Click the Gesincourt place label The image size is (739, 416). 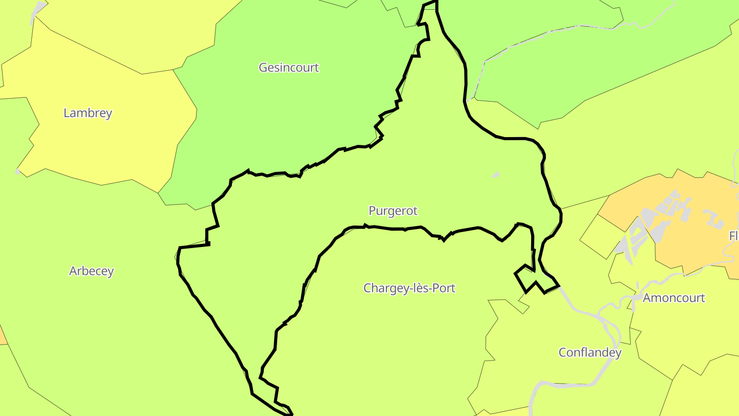tap(289, 67)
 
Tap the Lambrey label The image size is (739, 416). tap(88, 113)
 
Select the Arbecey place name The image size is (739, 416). tap(91, 271)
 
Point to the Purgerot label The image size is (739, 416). tap(393, 211)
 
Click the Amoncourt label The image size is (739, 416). tap(674, 298)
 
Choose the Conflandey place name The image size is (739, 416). tap(590, 353)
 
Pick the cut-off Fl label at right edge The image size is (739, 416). tap(733, 236)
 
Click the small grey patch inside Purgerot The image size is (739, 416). tap(496, 175)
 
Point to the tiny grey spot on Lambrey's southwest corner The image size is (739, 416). tap(17, 171)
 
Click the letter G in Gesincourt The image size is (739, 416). tap(263, 67)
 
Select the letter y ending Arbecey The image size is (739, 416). tap(110, 272)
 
